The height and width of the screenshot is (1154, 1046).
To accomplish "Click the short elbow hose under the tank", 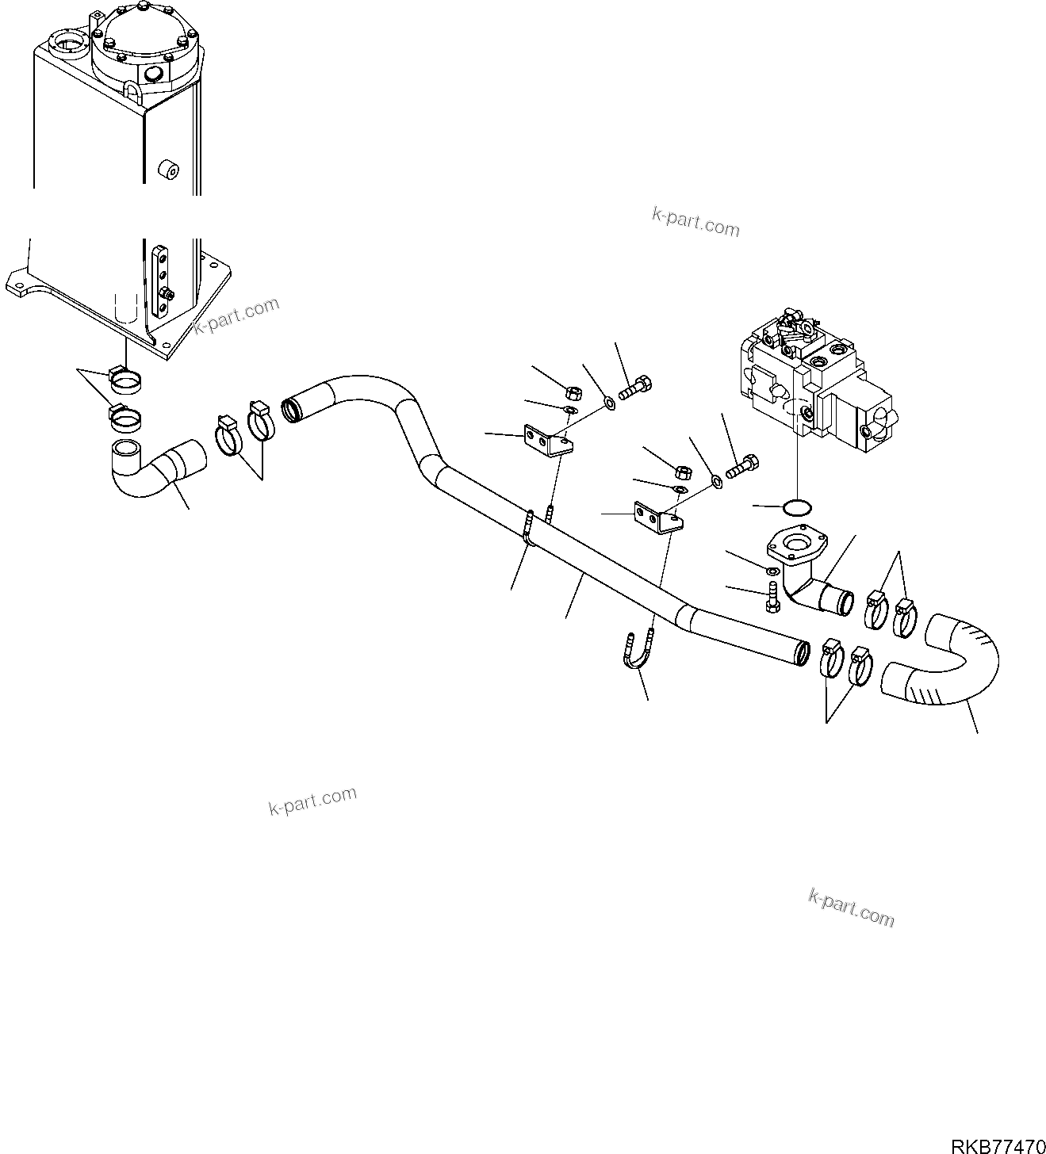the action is click(x=155, y=469).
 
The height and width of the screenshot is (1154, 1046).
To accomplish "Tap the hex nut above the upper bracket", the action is click(x=570, y=390).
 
